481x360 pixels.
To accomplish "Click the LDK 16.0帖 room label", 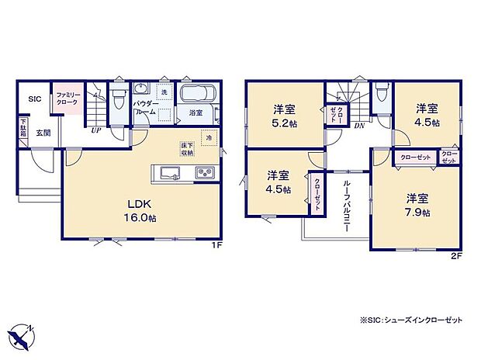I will click(x=142, y=210).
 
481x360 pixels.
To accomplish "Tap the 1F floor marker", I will click(x=219, y=246).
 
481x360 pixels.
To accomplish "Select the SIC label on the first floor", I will click(x=35, y=99).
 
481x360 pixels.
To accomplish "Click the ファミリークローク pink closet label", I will click(x=65, y=100).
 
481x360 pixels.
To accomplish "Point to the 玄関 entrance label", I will click(x=43, y=133).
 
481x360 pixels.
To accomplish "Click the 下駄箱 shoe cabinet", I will click(x=23, y=127).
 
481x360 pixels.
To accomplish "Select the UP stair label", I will click(x=95, y=130).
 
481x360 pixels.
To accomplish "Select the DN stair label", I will click(x=359, y=125).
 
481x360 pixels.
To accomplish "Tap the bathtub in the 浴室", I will click(x=199, y=95).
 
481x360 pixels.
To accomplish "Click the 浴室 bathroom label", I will click(x=196, y=113).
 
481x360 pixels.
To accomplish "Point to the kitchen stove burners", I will click(x=205, y=172).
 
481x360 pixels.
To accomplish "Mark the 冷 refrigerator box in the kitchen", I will click(x=209, y=138).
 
